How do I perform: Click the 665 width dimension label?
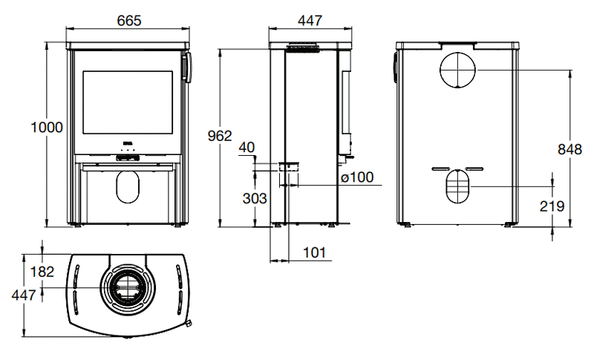pos(129,20)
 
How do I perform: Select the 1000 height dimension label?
pos(47,127)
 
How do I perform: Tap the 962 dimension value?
pos(220,136)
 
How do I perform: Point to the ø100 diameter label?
pos(357,177)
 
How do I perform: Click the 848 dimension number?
pos(569,149)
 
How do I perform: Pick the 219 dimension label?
pos(552,206)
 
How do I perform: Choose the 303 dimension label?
pos(255,198)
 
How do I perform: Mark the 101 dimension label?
pos(314,252)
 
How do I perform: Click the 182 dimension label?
pos(42,272)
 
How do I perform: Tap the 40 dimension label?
pos(247,147)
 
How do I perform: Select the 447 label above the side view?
pos(310,20)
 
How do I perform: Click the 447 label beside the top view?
pos(24,295)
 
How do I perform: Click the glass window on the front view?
pos(128,102)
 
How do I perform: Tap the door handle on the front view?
pos(187,68)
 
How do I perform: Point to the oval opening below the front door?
pos(128,186)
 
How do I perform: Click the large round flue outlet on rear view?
pos(457,71)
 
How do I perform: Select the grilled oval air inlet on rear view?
pos(457,186)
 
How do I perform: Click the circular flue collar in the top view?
pos(127,288)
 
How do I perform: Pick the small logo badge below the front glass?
pos(127,143)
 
